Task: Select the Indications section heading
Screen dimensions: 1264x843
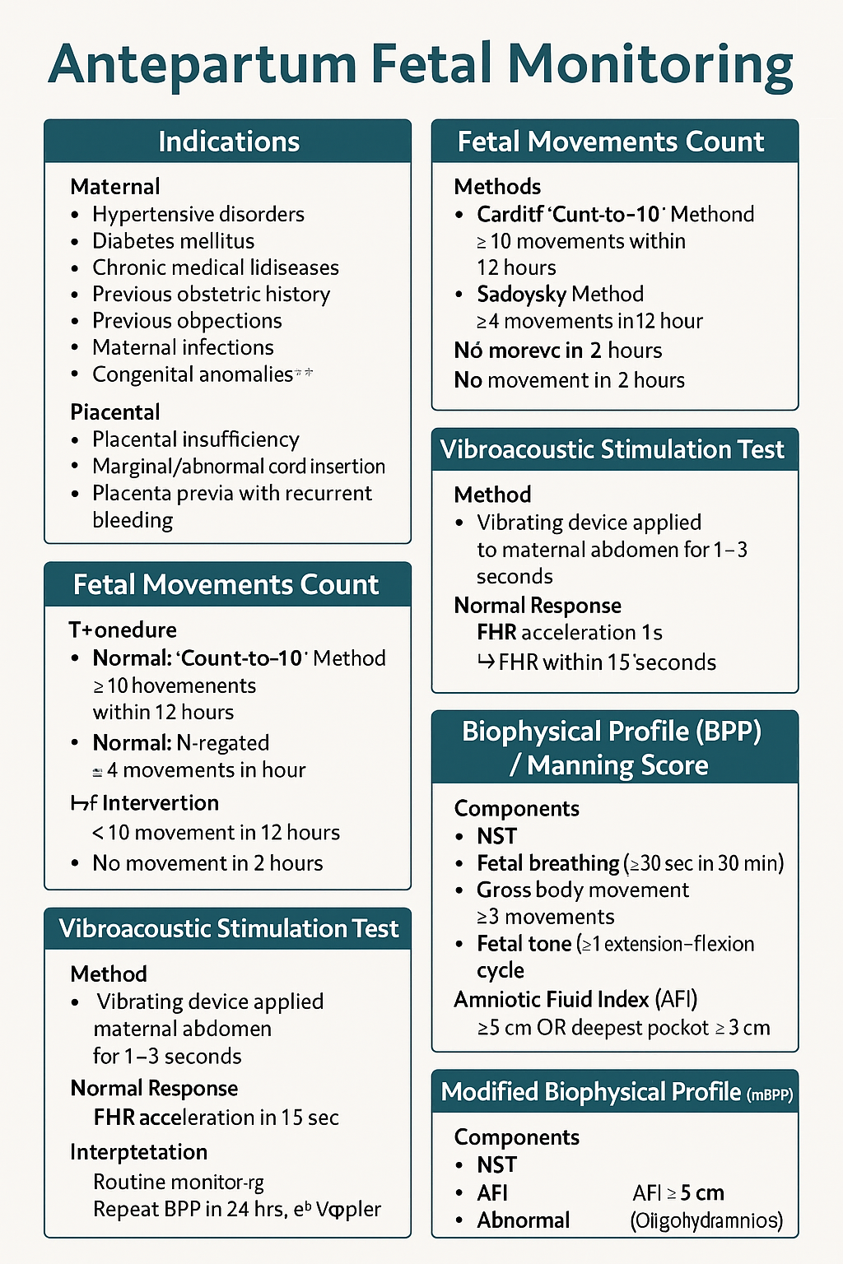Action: point(228,142)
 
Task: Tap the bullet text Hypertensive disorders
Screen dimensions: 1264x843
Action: point(198,214)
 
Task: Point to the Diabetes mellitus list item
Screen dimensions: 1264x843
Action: point(173,241)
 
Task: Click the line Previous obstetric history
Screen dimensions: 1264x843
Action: point(211,295)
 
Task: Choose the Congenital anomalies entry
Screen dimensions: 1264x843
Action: point(193,374)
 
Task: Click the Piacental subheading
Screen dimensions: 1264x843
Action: point(115,412)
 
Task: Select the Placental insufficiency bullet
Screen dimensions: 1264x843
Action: point(195,439)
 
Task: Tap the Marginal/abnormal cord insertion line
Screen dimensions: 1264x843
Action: point(238,467)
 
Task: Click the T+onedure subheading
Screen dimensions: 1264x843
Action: point(123,630)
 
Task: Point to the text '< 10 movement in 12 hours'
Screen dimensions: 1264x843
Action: point(216,833)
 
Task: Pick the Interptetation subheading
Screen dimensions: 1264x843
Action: point(138,1152)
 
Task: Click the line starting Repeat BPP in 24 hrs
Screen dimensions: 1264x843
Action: point(237,1209)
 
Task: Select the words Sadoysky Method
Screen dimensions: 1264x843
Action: point(560,295)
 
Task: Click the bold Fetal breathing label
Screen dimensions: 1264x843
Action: point(547,863)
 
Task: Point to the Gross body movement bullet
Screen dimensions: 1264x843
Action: point(582,890)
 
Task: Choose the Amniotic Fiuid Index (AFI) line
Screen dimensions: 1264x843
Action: point(575,1000)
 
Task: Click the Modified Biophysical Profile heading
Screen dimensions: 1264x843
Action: point(591,1092)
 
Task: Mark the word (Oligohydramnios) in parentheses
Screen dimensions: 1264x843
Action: point(706,1220)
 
